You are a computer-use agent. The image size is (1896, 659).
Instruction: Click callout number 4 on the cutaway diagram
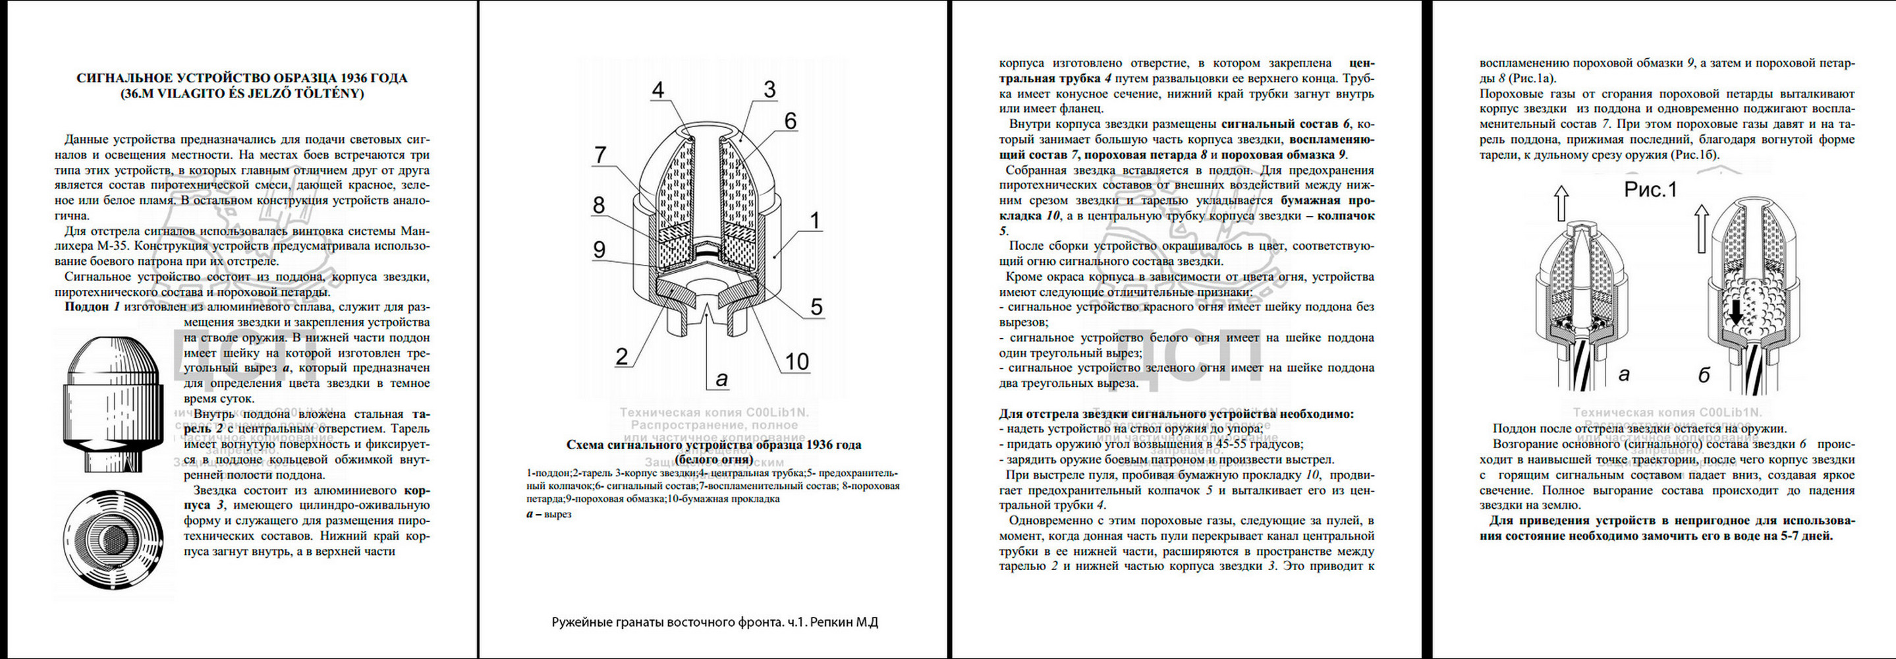(658, 90)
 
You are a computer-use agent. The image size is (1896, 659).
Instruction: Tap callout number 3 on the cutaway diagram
(769, 90)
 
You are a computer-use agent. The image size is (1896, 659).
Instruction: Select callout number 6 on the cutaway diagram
(790, 121)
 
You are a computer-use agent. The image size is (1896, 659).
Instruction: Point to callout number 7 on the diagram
(601, 155)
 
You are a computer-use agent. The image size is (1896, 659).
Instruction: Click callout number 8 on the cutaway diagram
(599, 205)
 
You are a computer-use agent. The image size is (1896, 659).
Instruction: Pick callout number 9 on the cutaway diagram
(599, 250)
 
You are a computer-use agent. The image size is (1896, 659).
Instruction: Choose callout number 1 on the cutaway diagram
(815, 220)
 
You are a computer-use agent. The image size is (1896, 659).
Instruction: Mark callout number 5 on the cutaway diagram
(816, 307)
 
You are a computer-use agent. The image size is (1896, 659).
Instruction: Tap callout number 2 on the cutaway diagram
(622, 357)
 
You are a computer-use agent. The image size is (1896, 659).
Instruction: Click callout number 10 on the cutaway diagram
(797, 362)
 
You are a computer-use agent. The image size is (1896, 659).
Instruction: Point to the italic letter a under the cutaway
(722, 379)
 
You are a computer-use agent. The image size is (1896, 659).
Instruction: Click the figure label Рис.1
(1650, 190)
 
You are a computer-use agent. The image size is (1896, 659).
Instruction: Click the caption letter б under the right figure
(1704, 376)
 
